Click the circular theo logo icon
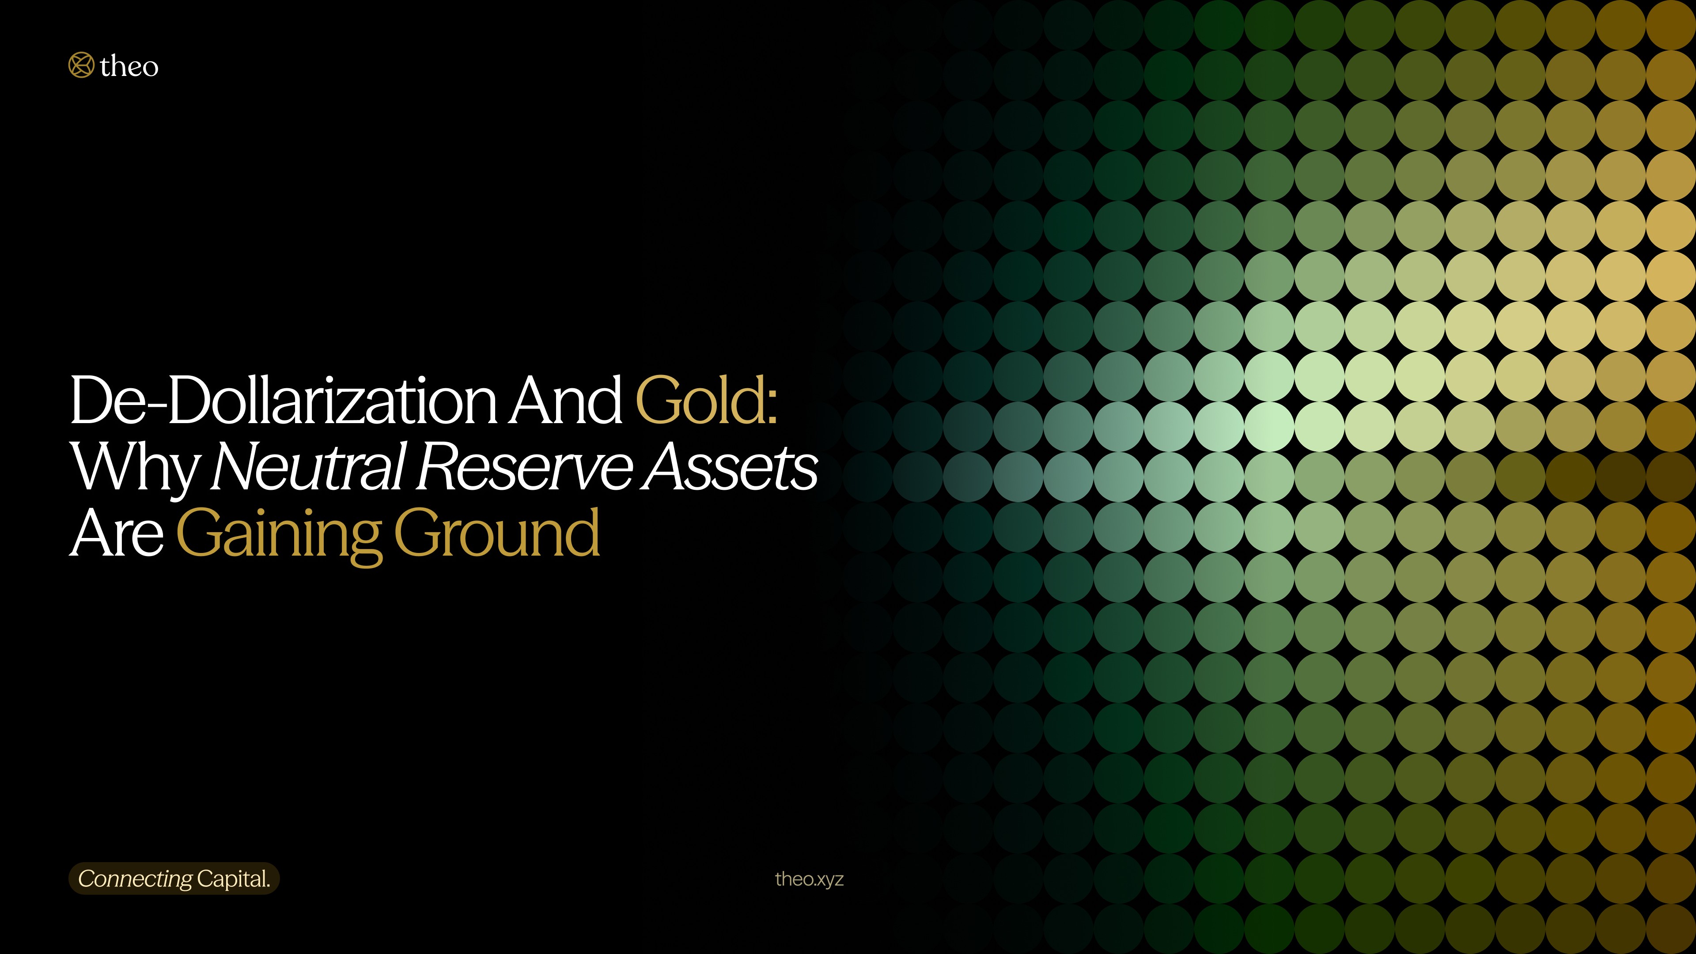click(x=81, y=65)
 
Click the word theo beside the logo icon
click(x=129, y=67)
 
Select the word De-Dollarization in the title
click(x=284, y=400)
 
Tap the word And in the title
click(x=566, y=400)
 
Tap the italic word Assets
click(x=731, y=466)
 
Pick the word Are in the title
click(x=117, y=533)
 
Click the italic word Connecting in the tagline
click(x=135, y=879)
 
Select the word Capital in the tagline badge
click(x=231, y=879)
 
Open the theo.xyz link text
click(x=809, y=879)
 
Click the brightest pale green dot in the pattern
click(x=1269, y=427)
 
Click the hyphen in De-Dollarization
click(x=157, y=403)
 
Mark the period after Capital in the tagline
click(x=268, y=886)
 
